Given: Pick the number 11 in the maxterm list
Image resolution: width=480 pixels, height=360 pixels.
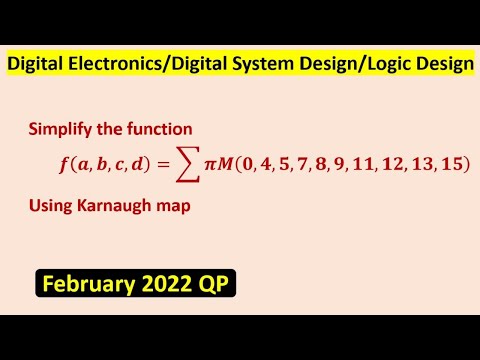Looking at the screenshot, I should (x=372, y=162).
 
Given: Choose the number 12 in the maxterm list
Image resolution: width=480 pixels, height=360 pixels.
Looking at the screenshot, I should (x=399, y=162).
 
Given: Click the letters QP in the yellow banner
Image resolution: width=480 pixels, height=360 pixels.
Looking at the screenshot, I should (x=214, y=285).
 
